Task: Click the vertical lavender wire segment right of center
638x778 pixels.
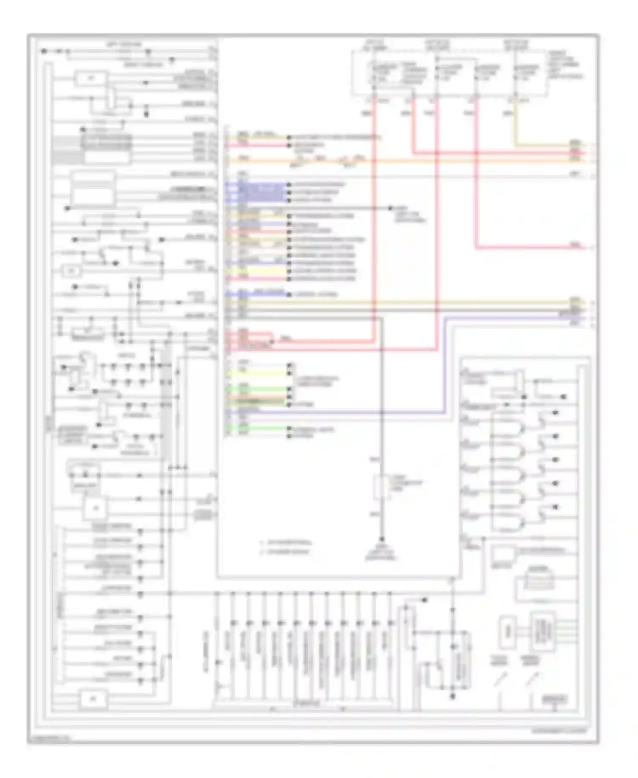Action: (x=445, y=366)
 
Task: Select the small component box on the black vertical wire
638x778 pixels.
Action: (x=381, y=488)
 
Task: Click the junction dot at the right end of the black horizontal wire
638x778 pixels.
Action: (x=390, y=209)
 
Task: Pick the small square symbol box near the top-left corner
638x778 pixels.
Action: (x=91, y=78)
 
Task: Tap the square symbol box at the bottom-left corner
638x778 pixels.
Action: (x=94, y=699)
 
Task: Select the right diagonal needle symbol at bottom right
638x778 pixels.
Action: (x=533, y=680)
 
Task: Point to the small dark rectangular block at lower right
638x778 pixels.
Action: (x=554, y=699)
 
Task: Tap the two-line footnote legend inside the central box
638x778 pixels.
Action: (x=286, y=547)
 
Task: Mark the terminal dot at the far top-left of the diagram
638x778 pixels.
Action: (x=44, y=51)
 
